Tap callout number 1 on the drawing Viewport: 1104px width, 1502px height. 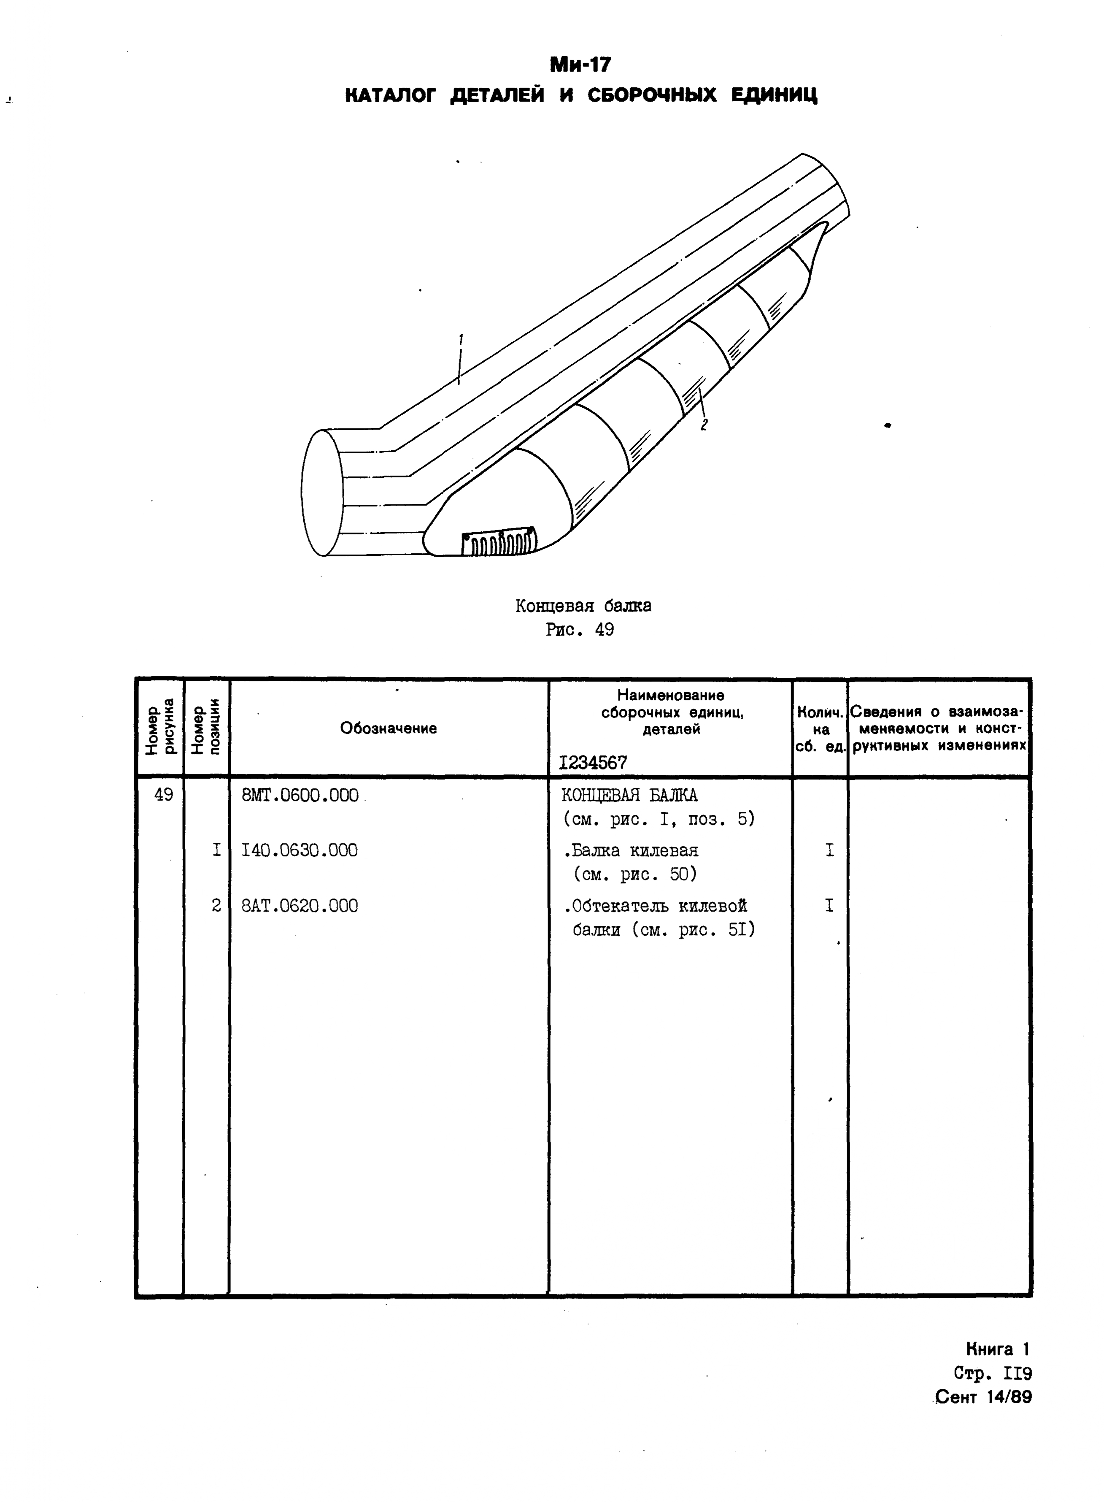tap(461, 340)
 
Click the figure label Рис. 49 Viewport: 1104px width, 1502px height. tap(579, 630)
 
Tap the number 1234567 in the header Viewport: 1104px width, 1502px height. tap(593, 763)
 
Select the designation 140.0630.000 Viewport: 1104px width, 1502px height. tap(300, 850)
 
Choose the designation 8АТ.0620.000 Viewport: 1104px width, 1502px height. tap(300, 906)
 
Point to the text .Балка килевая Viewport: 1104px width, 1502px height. tap(631, 850)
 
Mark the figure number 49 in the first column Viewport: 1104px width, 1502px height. tap(164, 795)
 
